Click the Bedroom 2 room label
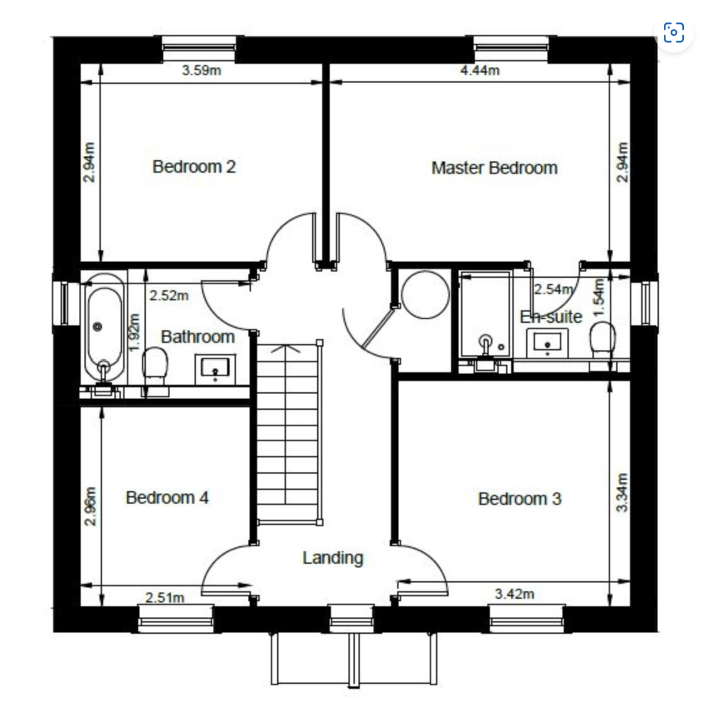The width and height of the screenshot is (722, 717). pos(194,167)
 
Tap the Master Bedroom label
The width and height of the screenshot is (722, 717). pos(494,168)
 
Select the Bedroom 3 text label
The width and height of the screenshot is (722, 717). pos(519,499)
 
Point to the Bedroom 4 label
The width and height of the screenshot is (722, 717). pos(167,498)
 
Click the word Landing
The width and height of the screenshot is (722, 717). pos(333,557)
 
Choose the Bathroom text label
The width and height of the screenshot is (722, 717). pos(198,337)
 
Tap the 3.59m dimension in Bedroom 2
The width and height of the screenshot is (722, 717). pos(201,71)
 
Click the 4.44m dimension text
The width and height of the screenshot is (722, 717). pos(480,71)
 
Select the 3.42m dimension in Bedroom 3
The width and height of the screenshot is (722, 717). pos(514,594)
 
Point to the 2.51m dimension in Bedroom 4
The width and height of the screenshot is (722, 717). pos(165,597)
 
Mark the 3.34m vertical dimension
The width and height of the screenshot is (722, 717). pos(622,492)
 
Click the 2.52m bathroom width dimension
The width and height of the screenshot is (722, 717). pos(169,295)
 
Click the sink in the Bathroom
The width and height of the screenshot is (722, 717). pos(215,369)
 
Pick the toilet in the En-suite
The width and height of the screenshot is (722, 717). pos(603,339)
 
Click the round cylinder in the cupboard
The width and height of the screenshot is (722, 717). pos(425,295)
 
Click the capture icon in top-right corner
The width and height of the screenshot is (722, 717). pos(674,33)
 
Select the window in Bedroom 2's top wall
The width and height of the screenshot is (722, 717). pos(199,49)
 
